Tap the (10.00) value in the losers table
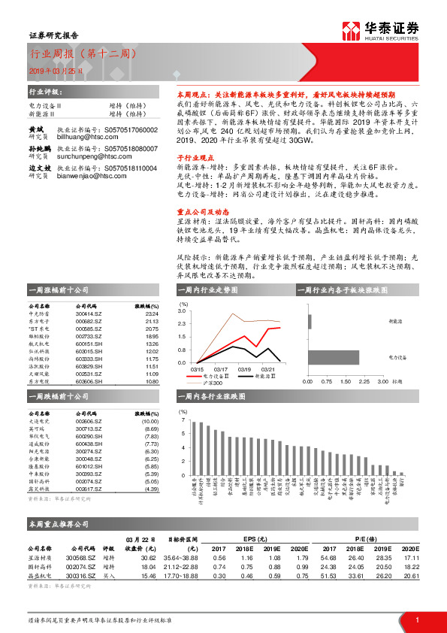point(150,423)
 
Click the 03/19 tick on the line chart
point(244,369)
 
